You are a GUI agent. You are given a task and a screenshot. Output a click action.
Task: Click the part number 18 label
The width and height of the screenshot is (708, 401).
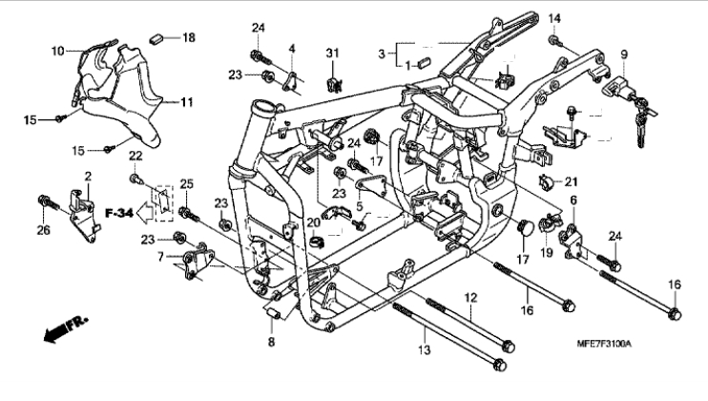189,37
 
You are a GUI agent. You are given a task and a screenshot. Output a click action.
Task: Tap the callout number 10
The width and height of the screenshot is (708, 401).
58,51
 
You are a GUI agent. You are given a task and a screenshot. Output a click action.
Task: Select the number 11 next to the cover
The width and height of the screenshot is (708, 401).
186,102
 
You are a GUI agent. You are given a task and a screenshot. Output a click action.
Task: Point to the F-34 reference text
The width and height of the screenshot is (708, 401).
119,212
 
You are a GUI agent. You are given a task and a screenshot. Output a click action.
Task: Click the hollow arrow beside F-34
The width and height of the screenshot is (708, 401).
145,212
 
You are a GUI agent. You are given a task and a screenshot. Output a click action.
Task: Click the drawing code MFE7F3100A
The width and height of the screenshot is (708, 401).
604,345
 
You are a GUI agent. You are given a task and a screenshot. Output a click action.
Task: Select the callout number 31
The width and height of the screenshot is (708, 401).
332,53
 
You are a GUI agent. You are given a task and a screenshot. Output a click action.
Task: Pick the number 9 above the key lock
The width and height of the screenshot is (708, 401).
624,55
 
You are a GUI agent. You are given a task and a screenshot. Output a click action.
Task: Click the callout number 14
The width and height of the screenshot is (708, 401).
554,18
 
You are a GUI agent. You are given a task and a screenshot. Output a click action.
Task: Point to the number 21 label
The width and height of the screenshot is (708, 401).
572,182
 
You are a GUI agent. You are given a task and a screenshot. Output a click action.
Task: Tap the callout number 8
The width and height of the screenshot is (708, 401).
271,342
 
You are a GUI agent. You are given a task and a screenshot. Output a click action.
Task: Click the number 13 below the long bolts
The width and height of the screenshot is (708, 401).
425,350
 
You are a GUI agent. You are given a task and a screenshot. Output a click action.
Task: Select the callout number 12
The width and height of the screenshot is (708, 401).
470,298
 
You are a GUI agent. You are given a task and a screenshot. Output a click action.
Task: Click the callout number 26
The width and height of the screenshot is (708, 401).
43,231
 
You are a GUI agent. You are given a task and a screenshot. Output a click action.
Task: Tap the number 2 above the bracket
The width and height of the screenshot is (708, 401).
88,176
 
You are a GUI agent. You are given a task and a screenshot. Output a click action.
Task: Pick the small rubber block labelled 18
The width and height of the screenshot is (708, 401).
156,38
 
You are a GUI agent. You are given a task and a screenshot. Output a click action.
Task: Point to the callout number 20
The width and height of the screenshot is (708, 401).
313,222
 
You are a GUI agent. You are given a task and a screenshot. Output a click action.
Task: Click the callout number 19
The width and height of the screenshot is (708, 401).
547,252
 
